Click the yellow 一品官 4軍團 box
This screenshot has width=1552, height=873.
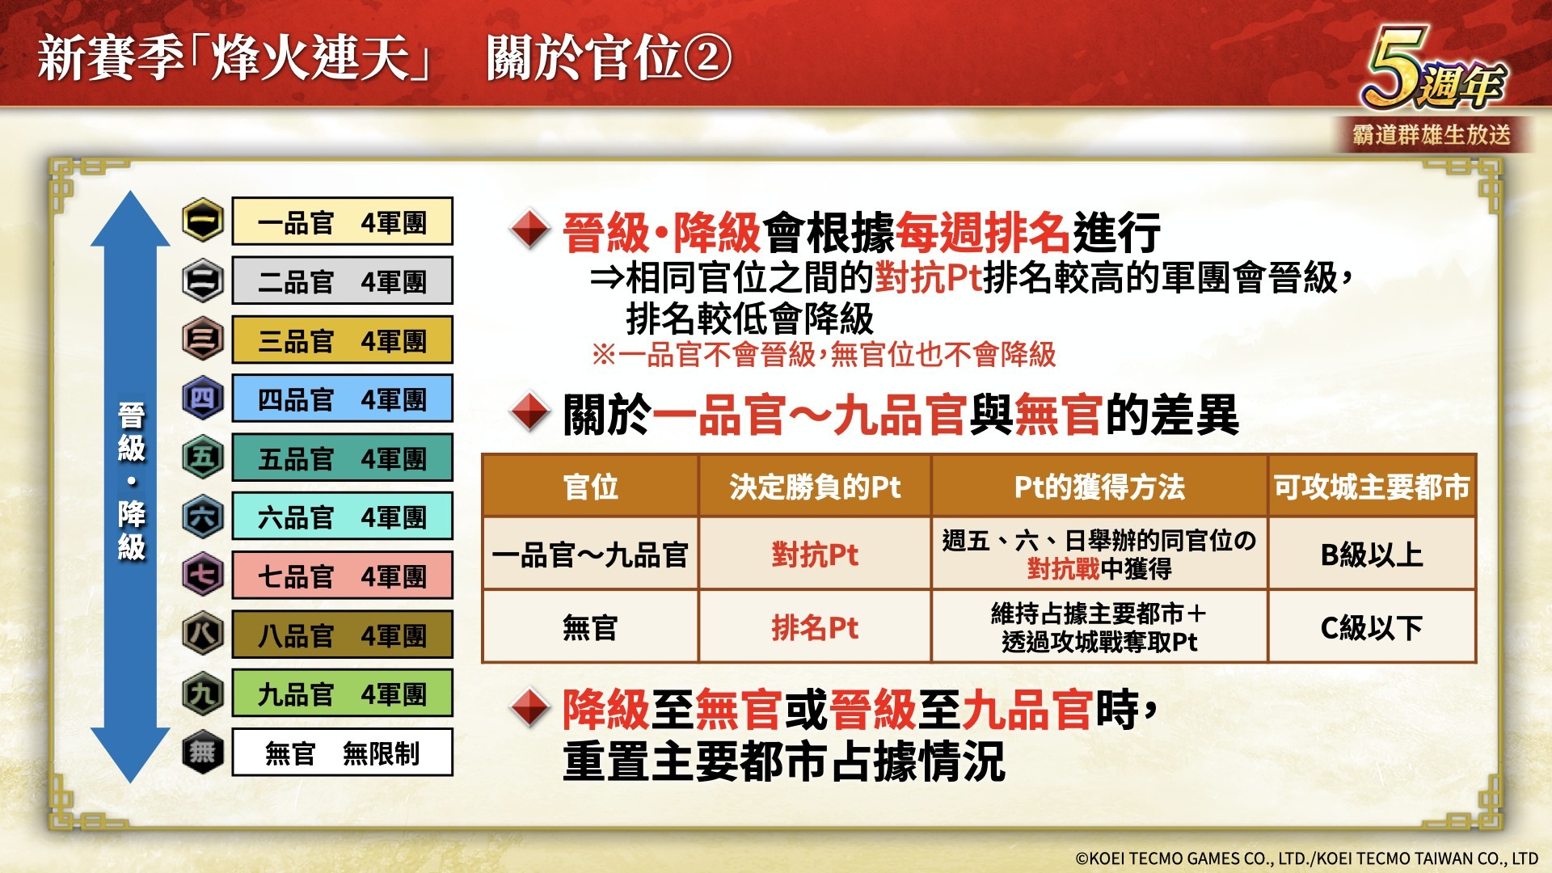pos(342,221)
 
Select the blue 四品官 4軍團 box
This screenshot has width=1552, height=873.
pos(342,399)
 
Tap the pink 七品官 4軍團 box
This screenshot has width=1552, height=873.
pos(342,576)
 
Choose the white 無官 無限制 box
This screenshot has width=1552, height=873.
pos(342,753)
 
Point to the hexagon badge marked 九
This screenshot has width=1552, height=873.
pos(202,694)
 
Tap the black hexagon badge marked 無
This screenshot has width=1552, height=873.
pos(202,753)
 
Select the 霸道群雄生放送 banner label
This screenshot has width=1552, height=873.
pos(1432,134)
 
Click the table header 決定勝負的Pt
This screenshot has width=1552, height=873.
pos(815,487)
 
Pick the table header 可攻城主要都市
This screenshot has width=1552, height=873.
pos(1372,487)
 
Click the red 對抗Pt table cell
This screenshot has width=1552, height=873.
pos(815,555)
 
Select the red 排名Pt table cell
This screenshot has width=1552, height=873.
pos(815,627)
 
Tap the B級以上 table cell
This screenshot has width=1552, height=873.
pos(1372,555)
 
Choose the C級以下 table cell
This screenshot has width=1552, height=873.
pos(1372,627)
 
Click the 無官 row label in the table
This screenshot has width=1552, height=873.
pos(590,627)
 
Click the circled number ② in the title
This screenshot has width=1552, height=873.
pos(708,58)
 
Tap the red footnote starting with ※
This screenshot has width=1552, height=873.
pos(824,354)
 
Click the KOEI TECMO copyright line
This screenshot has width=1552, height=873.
pos(1306,858)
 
